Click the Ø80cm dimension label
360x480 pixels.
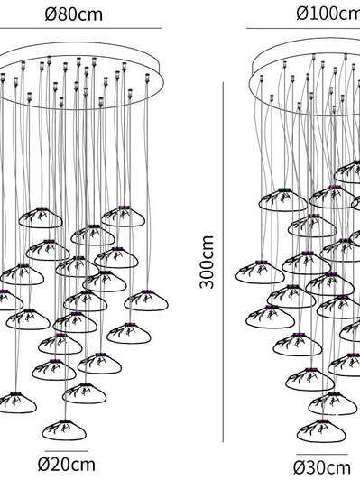pos(73,14)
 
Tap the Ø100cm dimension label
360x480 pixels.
pos(328,13)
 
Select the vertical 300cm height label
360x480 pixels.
pos(207,262)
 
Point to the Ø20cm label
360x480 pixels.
pos(67,465)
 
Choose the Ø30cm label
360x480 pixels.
pos(322,467)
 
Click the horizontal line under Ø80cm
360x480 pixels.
pos(80,29)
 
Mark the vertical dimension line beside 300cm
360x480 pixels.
pos(223,262)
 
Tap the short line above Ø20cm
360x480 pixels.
pos(67,451)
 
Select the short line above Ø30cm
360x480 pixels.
pos(322,455)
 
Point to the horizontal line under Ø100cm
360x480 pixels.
pos(303,29)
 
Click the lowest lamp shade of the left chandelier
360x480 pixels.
pos(64,429)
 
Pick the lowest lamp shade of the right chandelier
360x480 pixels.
pos(321,430)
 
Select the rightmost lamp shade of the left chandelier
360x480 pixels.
pos(146,300)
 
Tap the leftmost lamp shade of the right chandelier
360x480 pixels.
pos(260,272)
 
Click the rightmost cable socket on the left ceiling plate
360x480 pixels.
pos(147,78)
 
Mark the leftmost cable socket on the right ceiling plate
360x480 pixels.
pos(262,78)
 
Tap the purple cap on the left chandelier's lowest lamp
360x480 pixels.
pos(63,421)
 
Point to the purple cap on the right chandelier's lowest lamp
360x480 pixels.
pos(321,421)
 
